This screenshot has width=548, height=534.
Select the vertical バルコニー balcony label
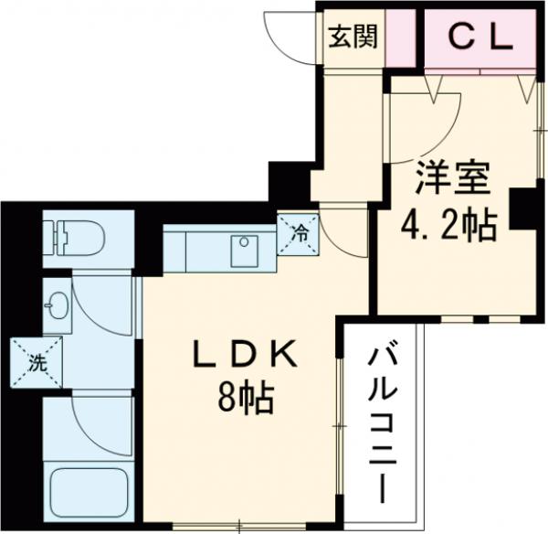point(385,426)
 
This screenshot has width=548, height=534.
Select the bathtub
point(89,494)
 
